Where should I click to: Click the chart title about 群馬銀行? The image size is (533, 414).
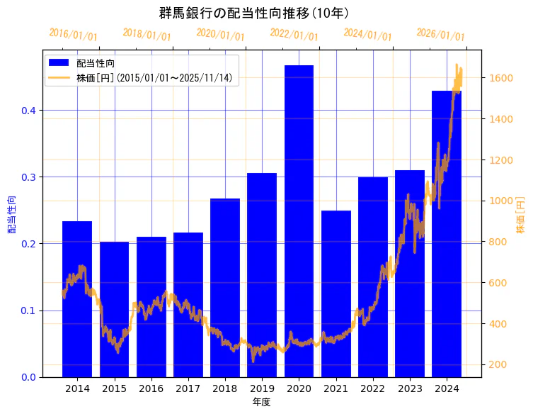pyautogui.click(x=253, y=13)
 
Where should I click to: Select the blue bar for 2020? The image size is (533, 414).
pyautogui.click(x=299, y=220)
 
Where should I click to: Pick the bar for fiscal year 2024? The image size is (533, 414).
pyautogui.click(x=447, y=234)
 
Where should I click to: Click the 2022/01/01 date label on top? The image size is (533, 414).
pyautogui.click(x=294, y=35)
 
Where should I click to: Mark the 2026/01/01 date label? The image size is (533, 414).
pyautogui.click(x=440, y=35)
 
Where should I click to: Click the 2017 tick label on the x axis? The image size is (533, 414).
pyautogui.click(x=188, y=388)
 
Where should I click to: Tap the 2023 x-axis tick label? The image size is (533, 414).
pyautogui.click(x=410, y=388)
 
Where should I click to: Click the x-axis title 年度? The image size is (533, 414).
pyautogui.click(x=261, y=402)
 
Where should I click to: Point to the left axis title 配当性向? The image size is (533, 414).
pyautogui.click(x=12, y=214)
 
